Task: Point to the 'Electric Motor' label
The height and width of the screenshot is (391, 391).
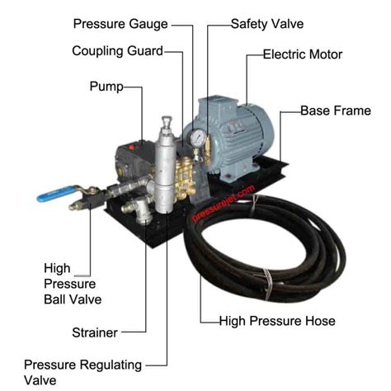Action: point(302,55)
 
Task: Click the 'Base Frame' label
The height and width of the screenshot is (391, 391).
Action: point(334,110)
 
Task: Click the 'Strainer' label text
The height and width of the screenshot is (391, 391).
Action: point(94,332)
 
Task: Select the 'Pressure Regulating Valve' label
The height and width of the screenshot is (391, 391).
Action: point(82,372)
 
